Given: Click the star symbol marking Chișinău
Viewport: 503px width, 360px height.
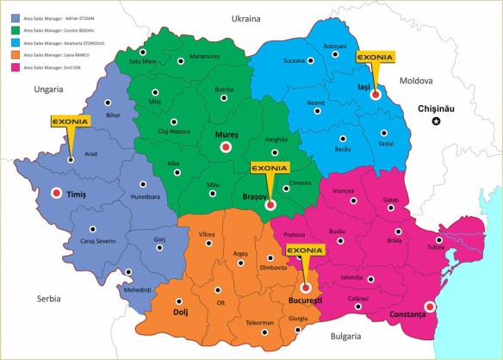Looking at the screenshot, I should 436,122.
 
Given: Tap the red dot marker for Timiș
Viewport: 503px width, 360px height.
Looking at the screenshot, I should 57,194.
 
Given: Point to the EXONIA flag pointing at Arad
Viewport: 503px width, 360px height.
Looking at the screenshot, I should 70,122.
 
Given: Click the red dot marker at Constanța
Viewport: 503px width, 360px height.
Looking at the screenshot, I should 430,307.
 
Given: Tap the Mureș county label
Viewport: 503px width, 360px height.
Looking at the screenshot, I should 226,134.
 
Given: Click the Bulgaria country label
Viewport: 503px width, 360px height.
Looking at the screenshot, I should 344,335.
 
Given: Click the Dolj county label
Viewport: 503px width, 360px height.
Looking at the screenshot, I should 181,310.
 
